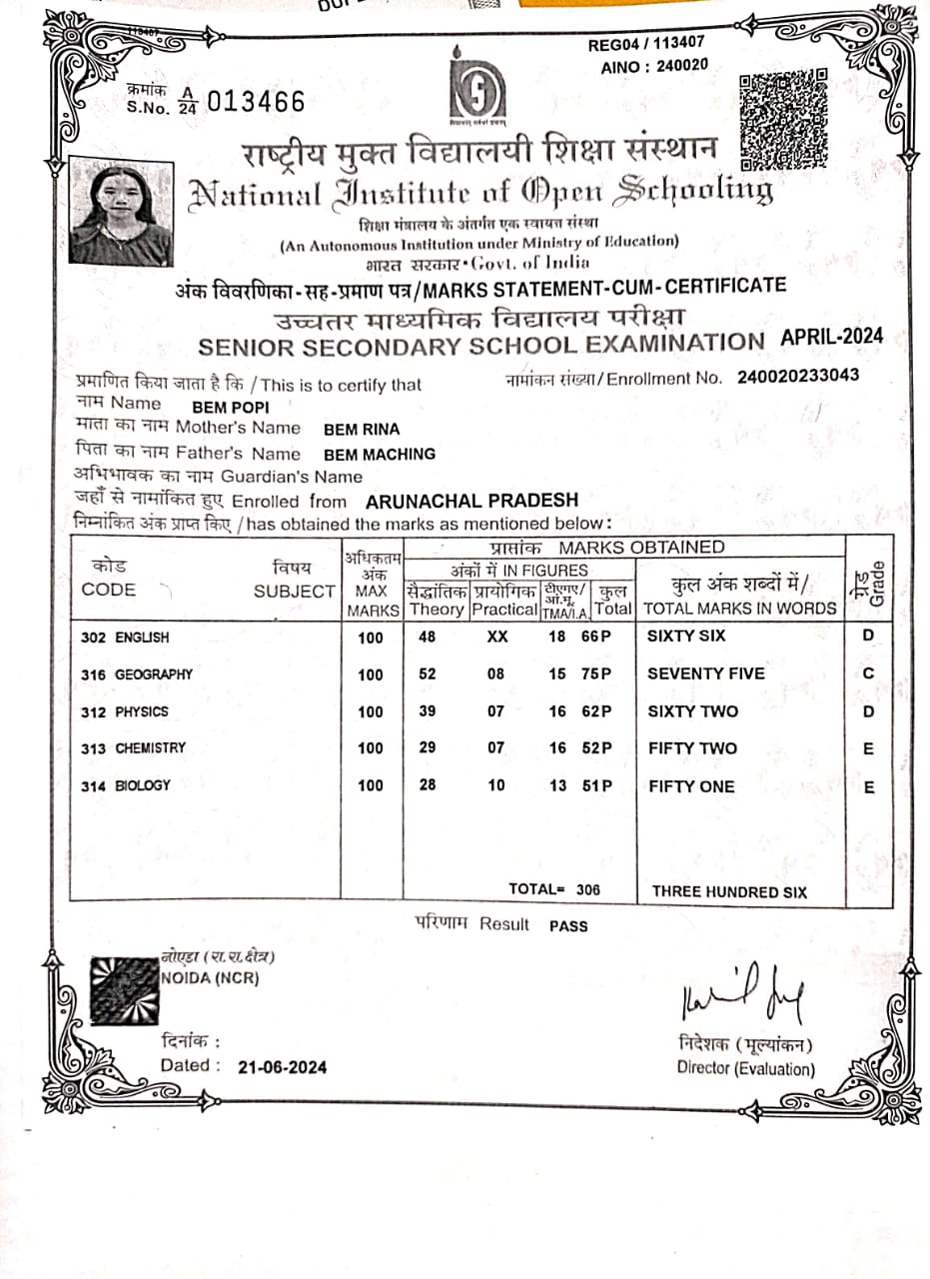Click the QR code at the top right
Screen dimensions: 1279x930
(x=784, y=118)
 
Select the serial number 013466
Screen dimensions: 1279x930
(x=257, y=102)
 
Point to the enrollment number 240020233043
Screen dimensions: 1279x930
(x=798, y=377)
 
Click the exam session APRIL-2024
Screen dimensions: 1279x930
(x=831, y=337)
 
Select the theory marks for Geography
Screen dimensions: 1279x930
(x=428, y=674)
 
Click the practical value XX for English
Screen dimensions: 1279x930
(x=496, y=637)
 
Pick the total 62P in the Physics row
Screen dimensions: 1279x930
(x=596, y=711)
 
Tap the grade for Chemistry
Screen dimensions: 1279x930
(x=868, y=748)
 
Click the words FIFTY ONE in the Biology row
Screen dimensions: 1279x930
(x=691, y=786)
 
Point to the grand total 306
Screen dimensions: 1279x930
(x=588, y=889)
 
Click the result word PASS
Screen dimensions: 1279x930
(x=568, y=925)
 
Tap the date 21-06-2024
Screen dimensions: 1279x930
(x=283, y=1067)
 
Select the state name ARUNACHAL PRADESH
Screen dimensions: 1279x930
(x=472, y=501)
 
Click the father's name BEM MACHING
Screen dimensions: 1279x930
(x=380, y=454)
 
